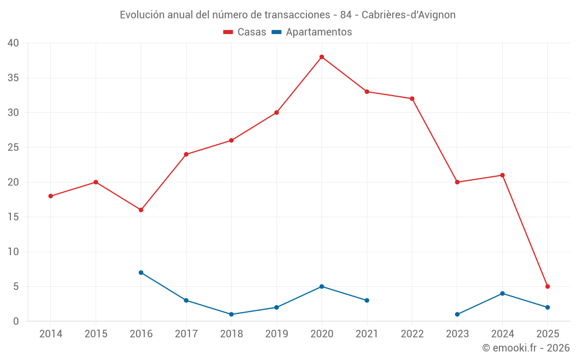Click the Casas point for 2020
click(322, 57)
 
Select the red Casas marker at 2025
click(548, 286)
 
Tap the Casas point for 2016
click(141, 210)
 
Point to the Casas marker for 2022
click(412, 98)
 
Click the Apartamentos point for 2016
click(141, 272)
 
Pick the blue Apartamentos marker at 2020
click(322, 286)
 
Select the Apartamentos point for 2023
click(457, 314)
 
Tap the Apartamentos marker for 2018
click(232, 314)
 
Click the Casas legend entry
click(245, 32)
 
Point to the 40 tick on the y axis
click(13, 43)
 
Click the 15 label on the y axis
click(13, 217)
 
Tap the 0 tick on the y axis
click(16, 321)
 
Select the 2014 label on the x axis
click(51, 334)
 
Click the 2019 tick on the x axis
click(276, 334)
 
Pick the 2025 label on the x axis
click(548, 334)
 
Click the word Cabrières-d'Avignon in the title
click(408, 15)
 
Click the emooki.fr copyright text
click(526, 348)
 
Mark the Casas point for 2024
click(503, 175)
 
